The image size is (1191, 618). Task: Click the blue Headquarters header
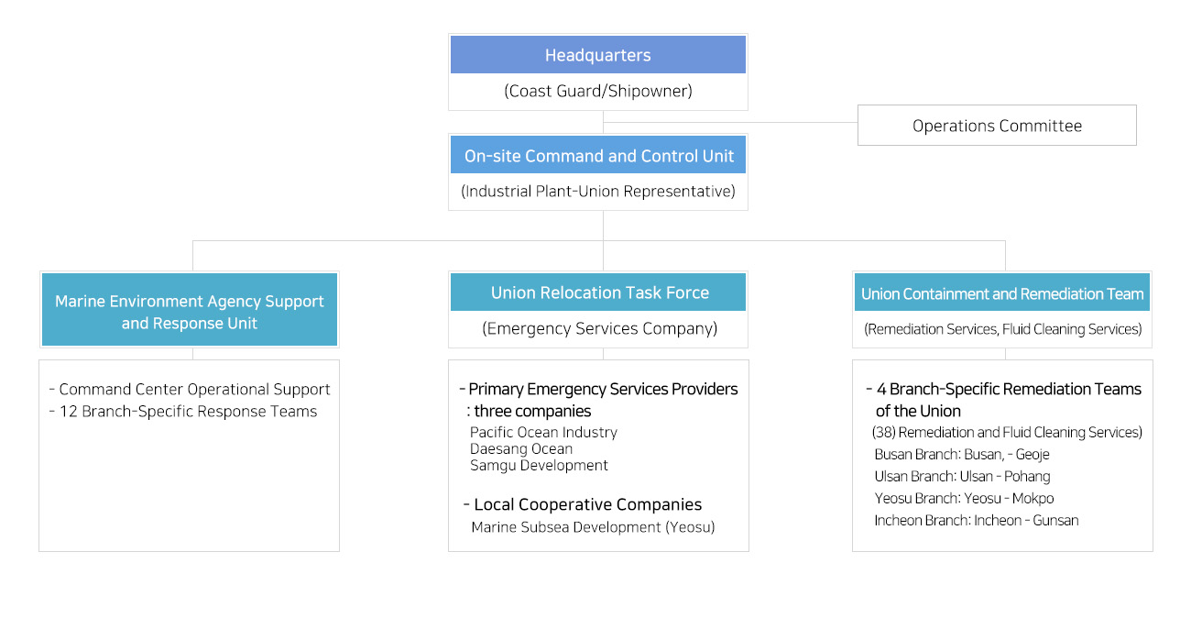[x=597, y=54]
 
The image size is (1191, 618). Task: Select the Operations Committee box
[x=997, y=125]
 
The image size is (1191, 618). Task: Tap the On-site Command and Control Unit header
[x=597, y=155]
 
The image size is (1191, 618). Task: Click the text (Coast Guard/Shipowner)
[x=597, y=91]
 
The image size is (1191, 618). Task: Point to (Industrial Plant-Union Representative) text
[x=597, y=191]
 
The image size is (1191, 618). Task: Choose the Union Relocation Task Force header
[x=597, y=292]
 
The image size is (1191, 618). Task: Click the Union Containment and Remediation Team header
[x=1001, y=292]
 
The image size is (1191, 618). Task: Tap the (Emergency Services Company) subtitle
[x=599, y=328]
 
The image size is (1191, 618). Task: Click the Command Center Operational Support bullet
[x=190, y=389]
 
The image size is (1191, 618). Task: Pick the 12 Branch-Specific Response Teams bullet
[x=183, y=412]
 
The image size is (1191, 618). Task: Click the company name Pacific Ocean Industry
[x=543, y=432]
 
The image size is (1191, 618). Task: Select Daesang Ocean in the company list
[x=521, y=448]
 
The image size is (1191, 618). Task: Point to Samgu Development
[x=539, y=465]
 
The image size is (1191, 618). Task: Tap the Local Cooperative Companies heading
[x=582, y=504]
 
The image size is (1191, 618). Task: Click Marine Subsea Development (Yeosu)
[x=593, y=527]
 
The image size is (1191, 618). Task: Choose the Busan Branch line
[x=962, y=454]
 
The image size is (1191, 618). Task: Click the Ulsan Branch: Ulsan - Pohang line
[x=962, y=476]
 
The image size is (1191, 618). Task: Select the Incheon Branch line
[x=977, y=520]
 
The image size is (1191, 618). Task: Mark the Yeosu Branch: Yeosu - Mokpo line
[x=964, y=498]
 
